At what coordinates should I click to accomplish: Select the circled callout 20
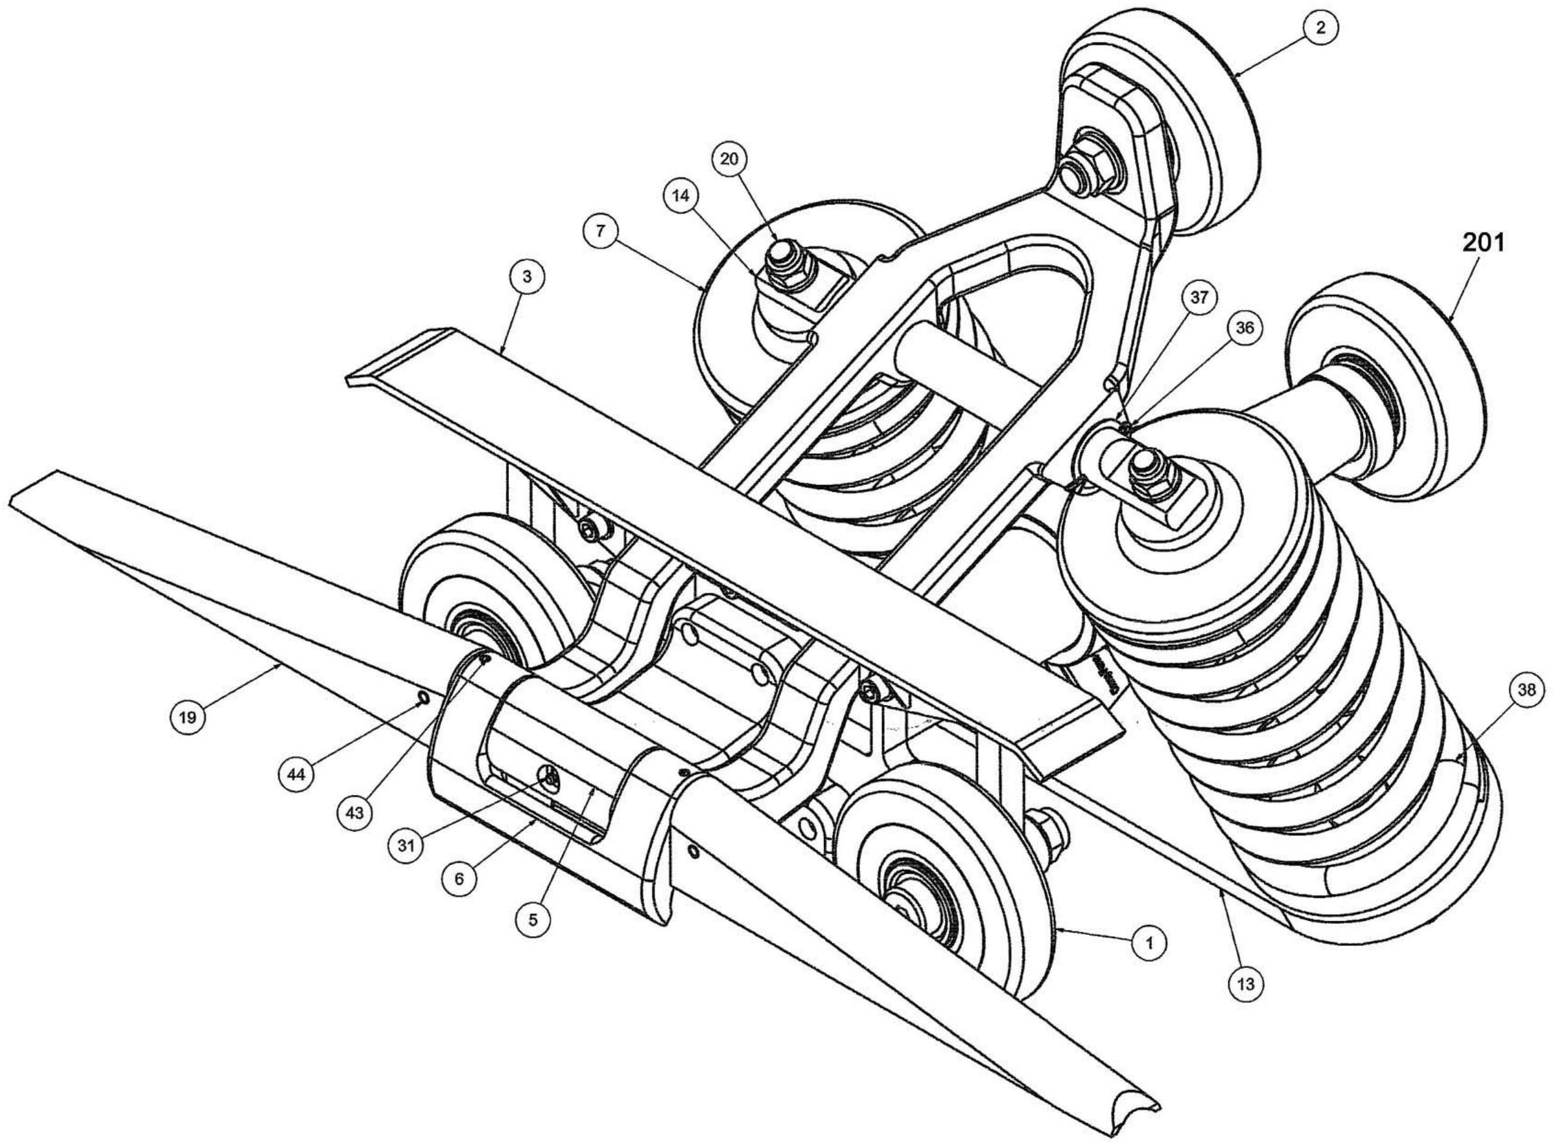point(728,159)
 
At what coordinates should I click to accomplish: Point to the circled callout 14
point(682,196)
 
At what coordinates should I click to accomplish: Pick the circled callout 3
point(527,277)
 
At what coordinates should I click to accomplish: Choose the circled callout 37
point(1200,297)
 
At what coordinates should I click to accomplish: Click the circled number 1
point(1149,943)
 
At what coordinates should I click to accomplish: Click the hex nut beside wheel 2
point(1098,169)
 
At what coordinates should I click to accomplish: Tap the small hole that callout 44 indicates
point(422,697)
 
